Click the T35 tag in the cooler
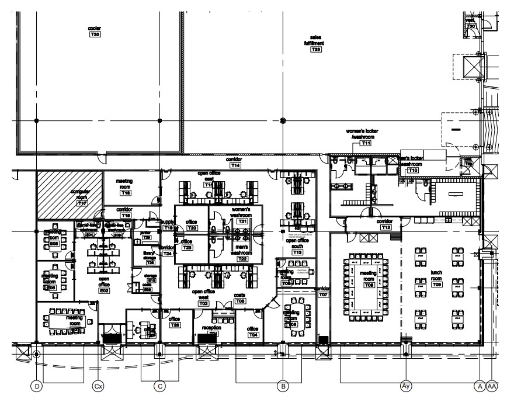pos(95,35)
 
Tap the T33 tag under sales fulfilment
pos(316,50)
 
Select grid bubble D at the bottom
pos(36,386)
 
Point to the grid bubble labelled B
pos(283,386)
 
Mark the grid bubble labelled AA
pos(492,386)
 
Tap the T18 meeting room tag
pos(125,193)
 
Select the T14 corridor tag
pos(235,166)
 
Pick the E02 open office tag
pos(105,290)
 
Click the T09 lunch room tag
pos(437,285)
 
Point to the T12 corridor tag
pos(386,228)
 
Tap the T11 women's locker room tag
pos(366,143)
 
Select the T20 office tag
pos(192,227)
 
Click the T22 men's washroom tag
pos(242,258)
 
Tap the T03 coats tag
pos(240,300)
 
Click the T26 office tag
pos(175,325)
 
